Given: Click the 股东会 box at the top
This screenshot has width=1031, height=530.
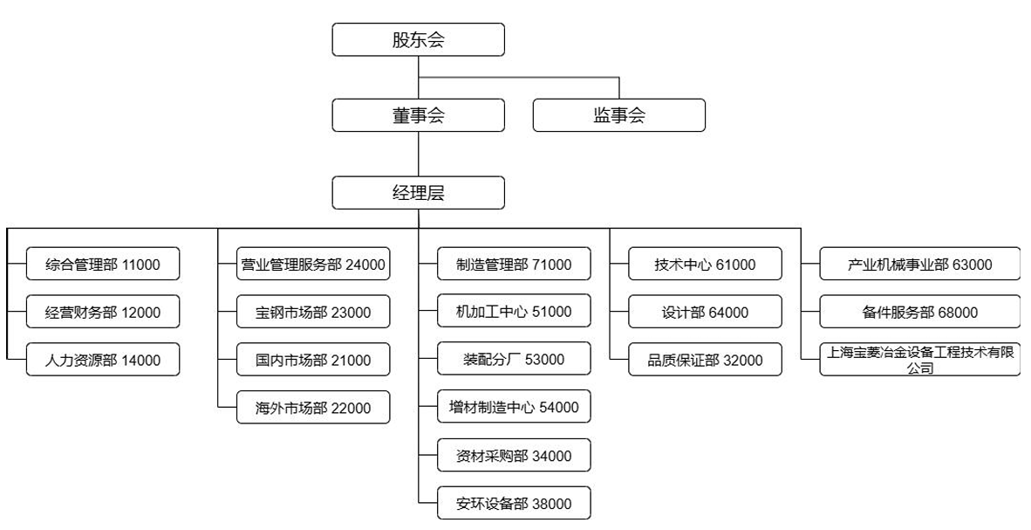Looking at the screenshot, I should tap(418, 39).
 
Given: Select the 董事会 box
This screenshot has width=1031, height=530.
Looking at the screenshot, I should tap(418, 115).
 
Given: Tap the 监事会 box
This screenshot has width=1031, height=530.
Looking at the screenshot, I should tap(618, 115).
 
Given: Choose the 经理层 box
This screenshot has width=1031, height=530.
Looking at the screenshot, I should tap(418, 193).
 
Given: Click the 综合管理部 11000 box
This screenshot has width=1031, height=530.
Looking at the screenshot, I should tap(103, 265).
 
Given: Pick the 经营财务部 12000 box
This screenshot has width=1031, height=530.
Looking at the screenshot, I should tap(103, 313).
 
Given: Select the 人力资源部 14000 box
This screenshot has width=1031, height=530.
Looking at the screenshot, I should tap(103, 360).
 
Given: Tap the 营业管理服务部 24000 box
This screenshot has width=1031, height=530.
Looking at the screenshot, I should tap(313, 265).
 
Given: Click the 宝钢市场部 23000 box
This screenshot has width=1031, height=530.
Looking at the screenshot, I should tap(313, 313).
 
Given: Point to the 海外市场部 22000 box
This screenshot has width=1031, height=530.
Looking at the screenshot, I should tap(313, 408).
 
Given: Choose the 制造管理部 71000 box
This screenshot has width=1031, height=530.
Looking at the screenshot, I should tap(514, 265).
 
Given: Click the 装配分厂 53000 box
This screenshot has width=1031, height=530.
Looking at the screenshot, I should tap(514, 360).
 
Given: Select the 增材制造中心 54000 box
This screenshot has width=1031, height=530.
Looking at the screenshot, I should tap(514, 408).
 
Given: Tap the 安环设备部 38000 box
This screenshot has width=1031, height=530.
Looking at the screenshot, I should tap(514, 503).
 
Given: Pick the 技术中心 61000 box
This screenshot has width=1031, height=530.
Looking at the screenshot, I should tap(705, 265).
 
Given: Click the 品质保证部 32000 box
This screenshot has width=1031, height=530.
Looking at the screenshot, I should tap(705, 360).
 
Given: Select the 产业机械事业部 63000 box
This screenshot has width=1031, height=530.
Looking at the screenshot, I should tap(919, 265).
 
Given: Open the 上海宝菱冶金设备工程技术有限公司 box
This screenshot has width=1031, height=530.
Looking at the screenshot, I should tap(919, 360).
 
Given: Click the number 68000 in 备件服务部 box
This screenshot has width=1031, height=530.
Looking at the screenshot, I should tap(958, 313).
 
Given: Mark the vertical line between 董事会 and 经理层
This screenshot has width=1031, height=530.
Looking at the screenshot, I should tap(419, 154).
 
